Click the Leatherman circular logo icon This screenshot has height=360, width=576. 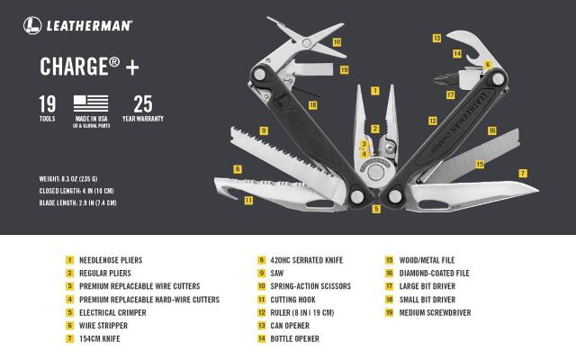32,25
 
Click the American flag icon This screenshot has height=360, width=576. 91,103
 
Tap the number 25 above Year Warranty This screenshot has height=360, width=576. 142,104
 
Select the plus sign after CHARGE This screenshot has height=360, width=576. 132,67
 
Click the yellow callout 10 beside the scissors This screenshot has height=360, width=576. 337,42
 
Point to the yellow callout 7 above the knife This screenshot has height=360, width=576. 522,173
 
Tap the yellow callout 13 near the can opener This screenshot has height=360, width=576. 436,38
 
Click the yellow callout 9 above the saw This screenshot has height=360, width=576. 264,130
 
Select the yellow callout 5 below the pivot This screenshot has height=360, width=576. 376,209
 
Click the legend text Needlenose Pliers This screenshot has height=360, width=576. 111,260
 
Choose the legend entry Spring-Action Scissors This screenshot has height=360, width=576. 310,286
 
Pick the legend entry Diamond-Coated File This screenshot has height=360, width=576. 434,274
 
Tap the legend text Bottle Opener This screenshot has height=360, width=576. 294,338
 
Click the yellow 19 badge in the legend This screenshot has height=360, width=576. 389,312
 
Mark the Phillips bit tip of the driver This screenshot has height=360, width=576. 436,79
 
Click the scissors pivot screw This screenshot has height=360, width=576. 306,43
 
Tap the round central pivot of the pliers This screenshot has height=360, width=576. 375,172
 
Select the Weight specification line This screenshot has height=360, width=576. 68,179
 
